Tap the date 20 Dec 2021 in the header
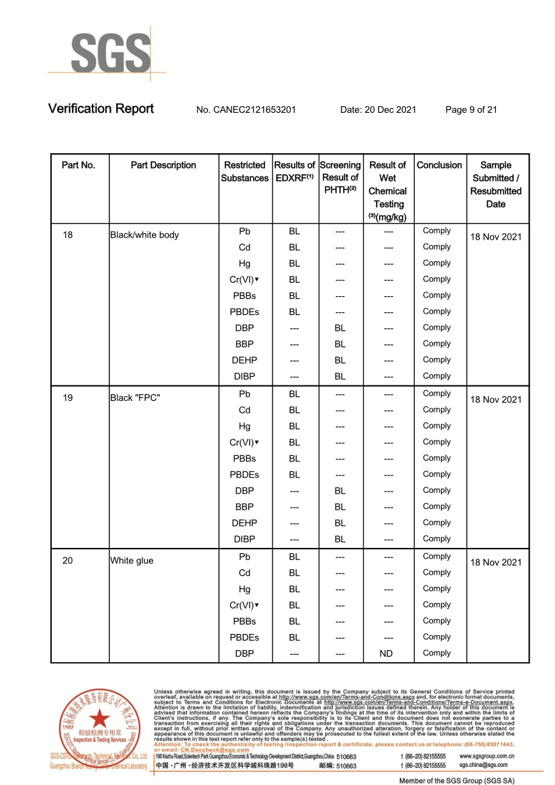378,109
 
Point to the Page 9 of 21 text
471,109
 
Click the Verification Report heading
101,109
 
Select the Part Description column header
163,165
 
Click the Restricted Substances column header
245,171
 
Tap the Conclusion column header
439,165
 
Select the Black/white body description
144,235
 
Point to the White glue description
132,561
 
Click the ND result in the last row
387,653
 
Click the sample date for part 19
495,400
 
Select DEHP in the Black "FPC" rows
244,523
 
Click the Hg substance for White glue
244,589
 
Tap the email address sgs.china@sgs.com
483,765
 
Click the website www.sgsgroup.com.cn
487,755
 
